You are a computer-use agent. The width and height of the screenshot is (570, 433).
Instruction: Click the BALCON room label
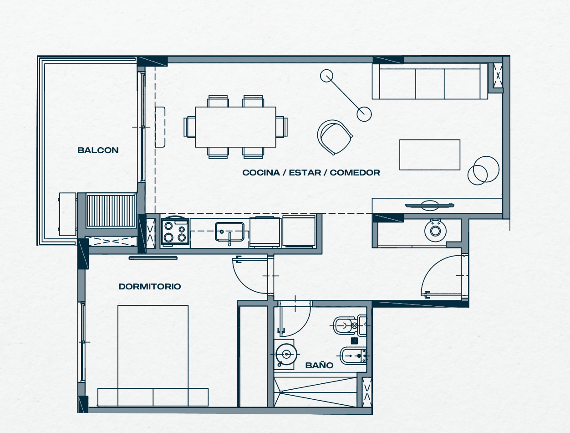pyautogui.click(x=98, y=150)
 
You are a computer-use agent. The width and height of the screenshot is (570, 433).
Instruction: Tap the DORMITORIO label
pyautogui.click(x=150, y=286)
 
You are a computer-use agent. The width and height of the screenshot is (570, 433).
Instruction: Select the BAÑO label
pyautogui.click(x=319, y=365)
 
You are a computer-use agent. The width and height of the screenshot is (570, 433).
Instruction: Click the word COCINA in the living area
pyautogui.click(x=261, y=173)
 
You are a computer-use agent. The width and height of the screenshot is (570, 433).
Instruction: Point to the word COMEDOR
pyautogui.click(x=355, y=173)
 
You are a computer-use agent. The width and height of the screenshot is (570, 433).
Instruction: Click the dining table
pyautogui.click(x=235, y=127)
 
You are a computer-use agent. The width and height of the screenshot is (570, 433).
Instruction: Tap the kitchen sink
pyautogui.click(x=229, y=232)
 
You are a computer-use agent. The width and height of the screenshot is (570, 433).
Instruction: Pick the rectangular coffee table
pyautogui.click(x=430, y=155)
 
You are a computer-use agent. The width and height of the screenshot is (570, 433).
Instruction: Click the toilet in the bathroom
pyautogui.click(x=350, y=325)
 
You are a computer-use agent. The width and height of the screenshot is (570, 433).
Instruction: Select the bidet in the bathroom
pyautogui.click(x=353, y=356)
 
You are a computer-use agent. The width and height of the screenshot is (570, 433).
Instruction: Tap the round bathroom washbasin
pyautogui.click(x=286, y=354)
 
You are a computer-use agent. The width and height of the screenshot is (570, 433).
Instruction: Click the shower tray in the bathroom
pyautogui.click(x=316, y=392)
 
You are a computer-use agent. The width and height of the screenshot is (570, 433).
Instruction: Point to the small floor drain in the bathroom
pyautogui.click(x=355, y=340)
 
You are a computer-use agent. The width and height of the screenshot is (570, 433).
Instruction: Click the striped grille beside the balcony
pyautogui.click(x=111, y=211)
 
